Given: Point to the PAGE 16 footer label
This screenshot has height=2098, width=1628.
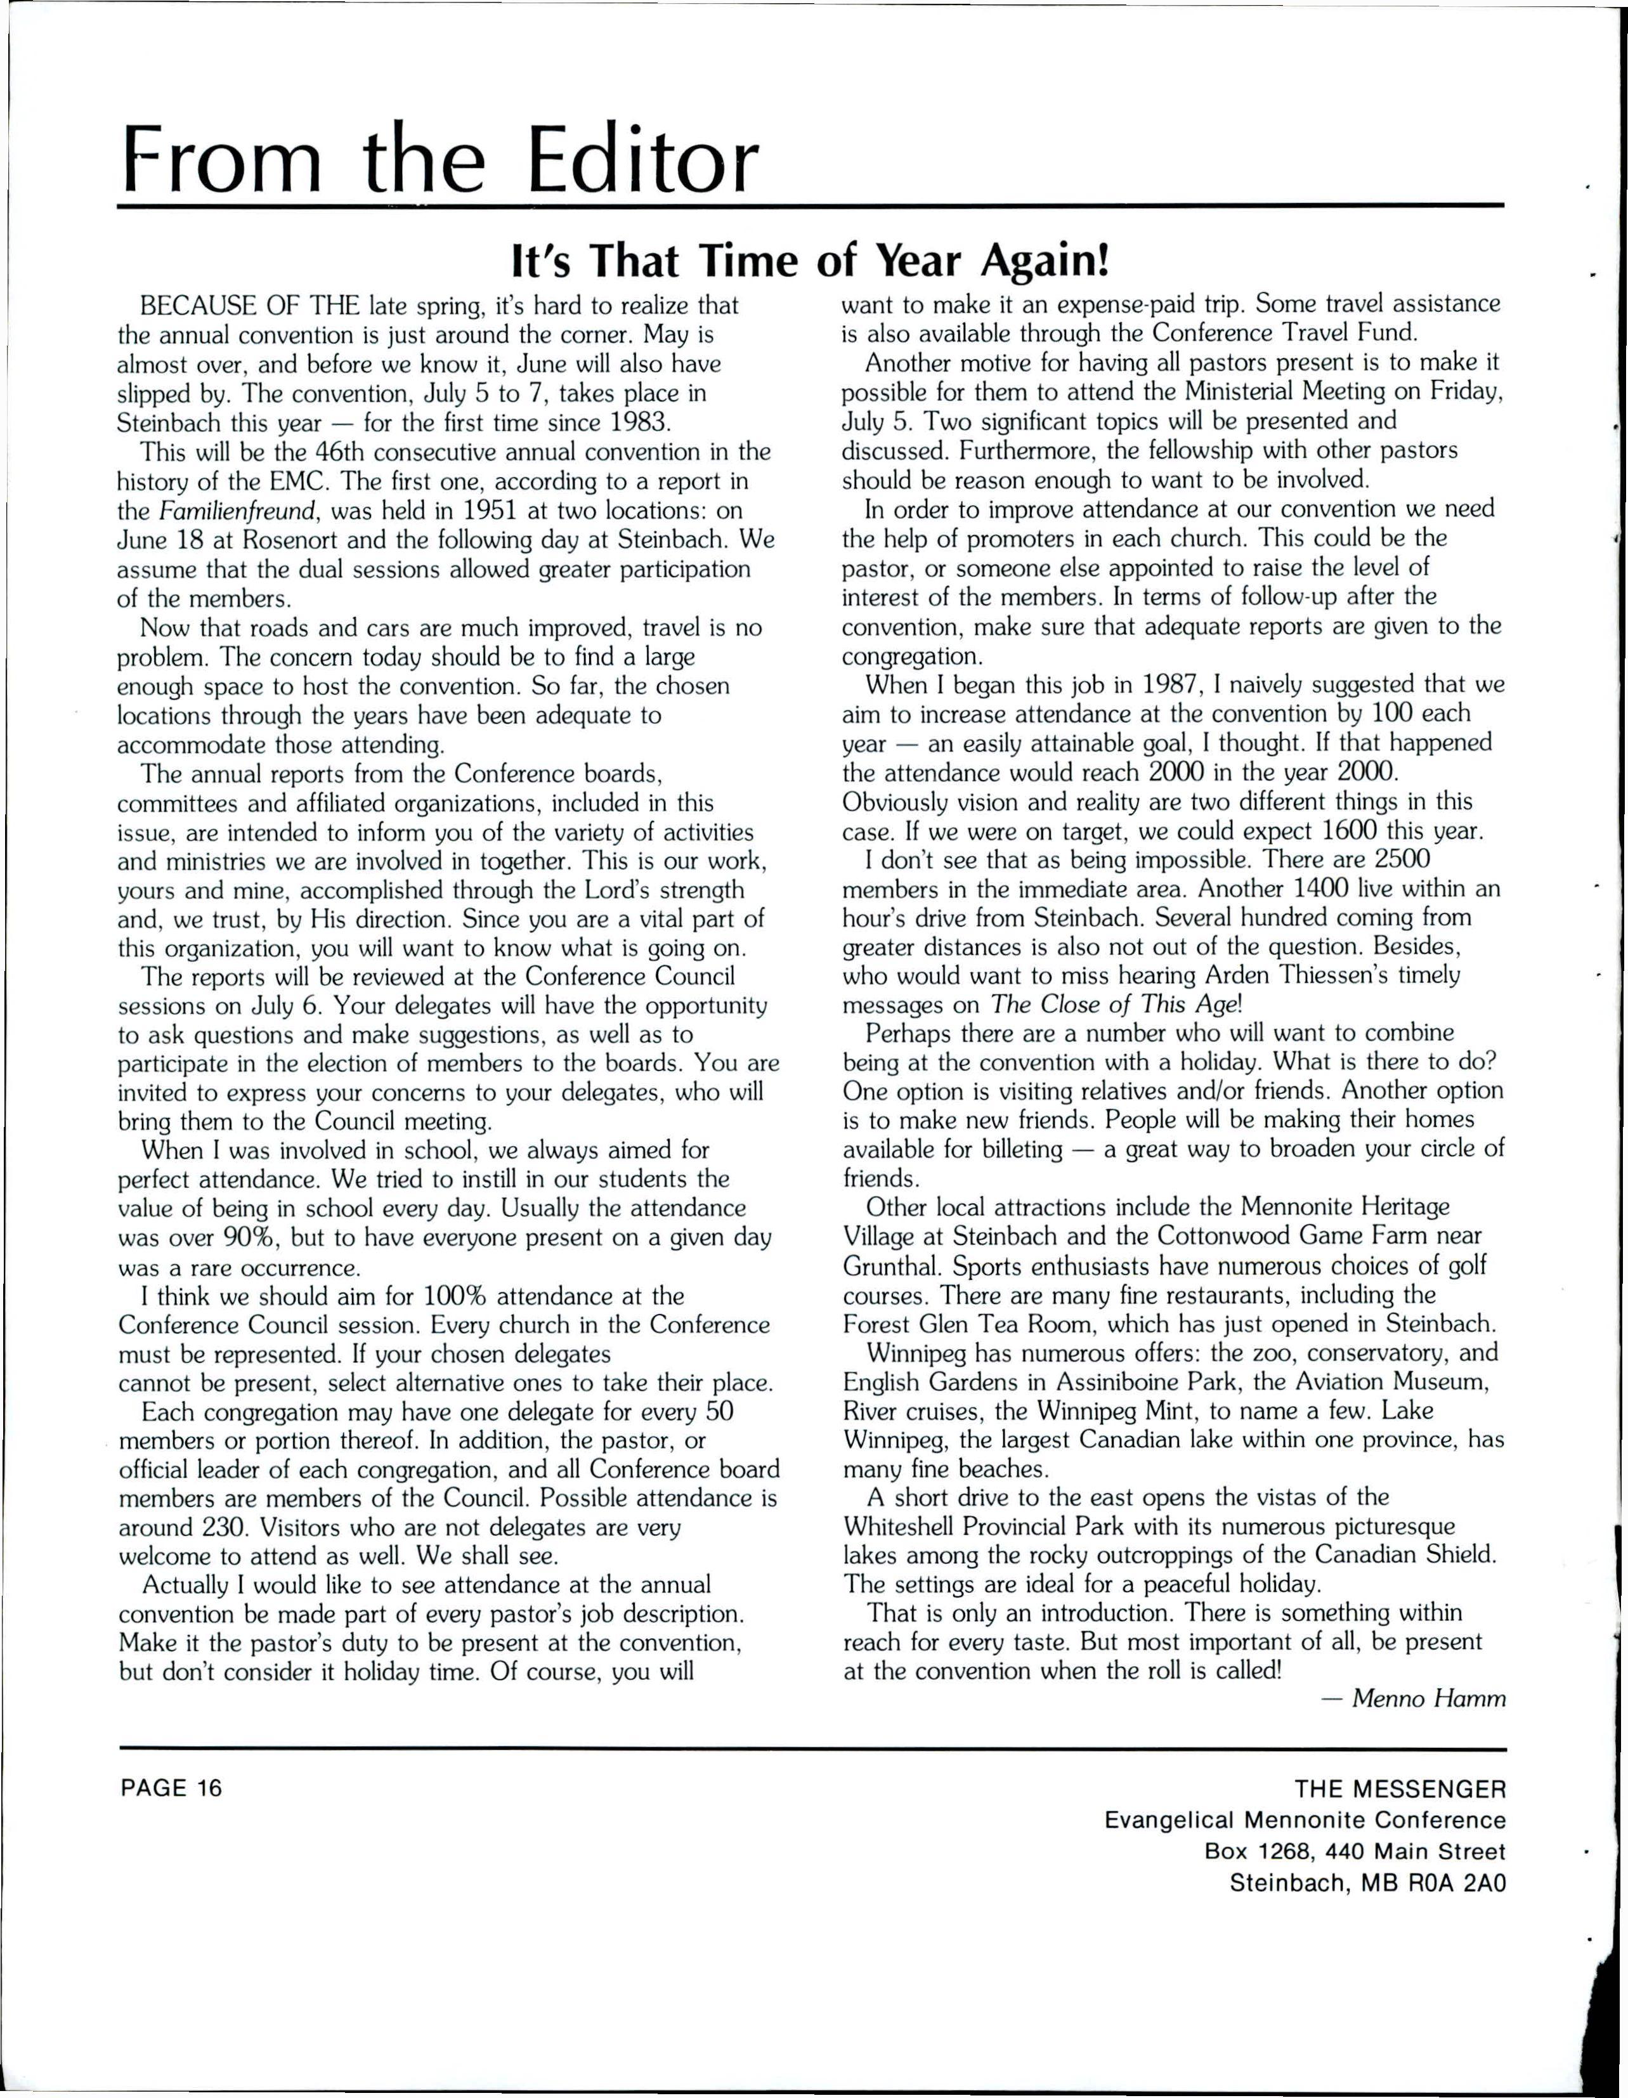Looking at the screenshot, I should pos(170,1788).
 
